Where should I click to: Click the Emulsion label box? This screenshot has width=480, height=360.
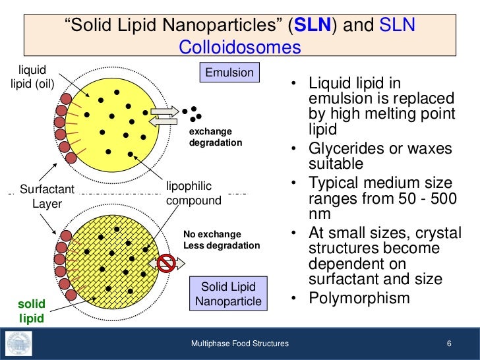(x=229, y=72)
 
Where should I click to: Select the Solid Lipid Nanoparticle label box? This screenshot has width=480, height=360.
(x=228, y=294)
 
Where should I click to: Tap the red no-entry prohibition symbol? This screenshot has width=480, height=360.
(x=166, y=264)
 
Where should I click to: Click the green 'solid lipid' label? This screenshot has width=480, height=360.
(x=31, y=311)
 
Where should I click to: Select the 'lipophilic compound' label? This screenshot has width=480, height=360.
(x=194, y=193)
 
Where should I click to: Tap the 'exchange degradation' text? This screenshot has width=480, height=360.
(x=216, y=136)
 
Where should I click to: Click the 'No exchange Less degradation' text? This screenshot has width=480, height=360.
(x=221, y=239)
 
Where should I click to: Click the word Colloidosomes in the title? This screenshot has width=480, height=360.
(x=240, y=47)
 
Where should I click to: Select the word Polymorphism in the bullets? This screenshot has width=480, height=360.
(x=359, y=298)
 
